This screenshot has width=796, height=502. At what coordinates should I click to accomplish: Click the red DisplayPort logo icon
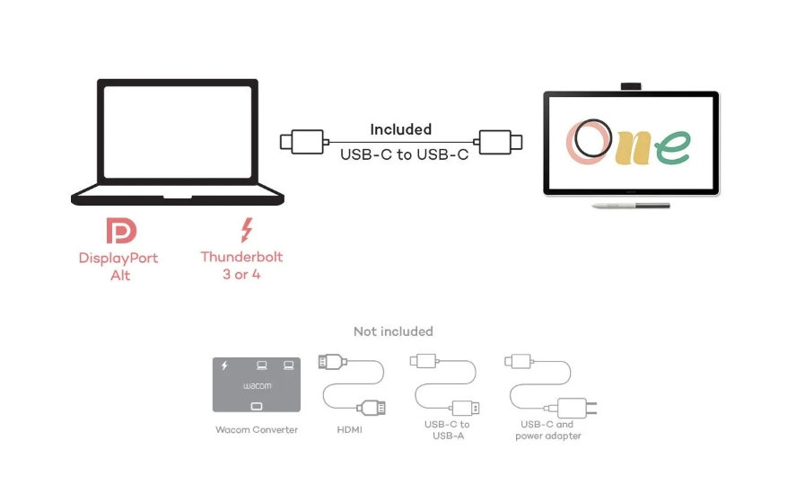pyautogui.click(x=121, y=231)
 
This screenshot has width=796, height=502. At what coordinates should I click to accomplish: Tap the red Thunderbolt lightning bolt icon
pyautogui.click(x=245, y=230)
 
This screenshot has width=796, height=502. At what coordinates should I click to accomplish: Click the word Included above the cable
pyautogui.click(x=400, y=129)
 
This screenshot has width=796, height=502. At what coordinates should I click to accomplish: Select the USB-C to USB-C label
pyautogui.click(x=404, y=154)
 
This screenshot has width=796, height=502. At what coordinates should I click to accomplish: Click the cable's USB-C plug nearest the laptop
pyautogui.click(x=303, y=142)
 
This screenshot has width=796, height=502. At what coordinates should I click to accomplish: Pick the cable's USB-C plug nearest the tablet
pyautogui.click(x=500, y=142)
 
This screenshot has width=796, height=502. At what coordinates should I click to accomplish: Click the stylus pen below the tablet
pyautogui.click(x=630, y=207)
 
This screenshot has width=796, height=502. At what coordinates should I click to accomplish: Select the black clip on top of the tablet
pyautogui.click(x=631, y=86)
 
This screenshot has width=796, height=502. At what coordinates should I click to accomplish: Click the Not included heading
pyautogui.click(x=393, y=331)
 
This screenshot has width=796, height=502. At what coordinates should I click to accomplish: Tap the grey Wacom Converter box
pyautogui.click(x=257, y=385)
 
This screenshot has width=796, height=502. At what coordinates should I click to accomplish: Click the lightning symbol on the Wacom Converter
pyautogui.click(x=224, y=365)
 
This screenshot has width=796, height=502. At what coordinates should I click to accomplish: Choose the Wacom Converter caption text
pyautogui.click(x=257, y=430)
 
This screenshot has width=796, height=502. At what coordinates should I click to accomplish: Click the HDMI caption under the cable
pyautogui.click(x=350, y=430)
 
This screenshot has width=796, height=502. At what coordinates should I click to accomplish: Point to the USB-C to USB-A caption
pyautogui.click(x=447, y=430)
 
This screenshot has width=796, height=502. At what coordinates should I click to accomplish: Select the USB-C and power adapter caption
pyautogui.click(x=547, y=430)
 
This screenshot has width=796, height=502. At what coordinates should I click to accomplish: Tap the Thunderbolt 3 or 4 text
pyautogui.click(x=241, y=266)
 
